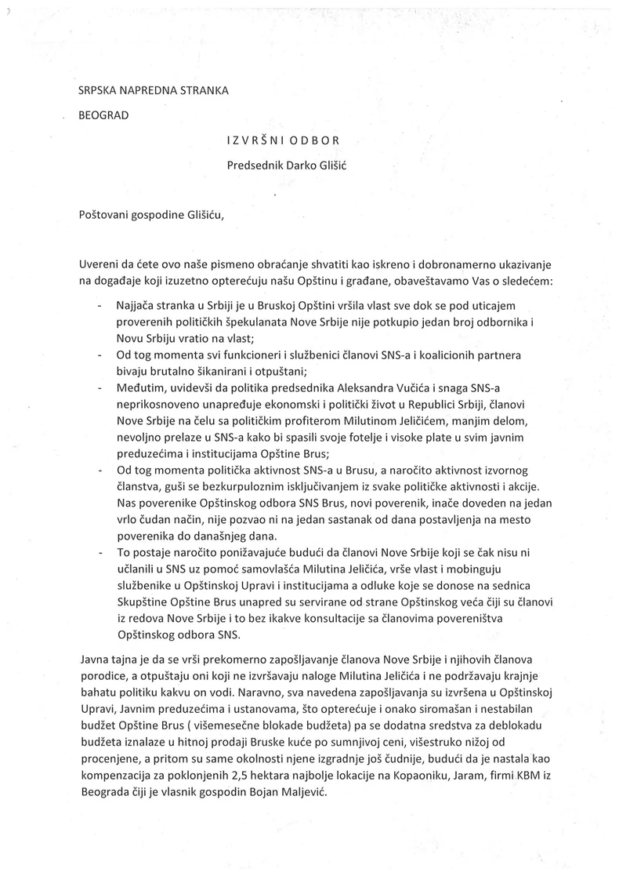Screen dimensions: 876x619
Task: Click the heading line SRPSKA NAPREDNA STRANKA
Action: (154, 90)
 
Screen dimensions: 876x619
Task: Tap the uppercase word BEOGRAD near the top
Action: (103, 116)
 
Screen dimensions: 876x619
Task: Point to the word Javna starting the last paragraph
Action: (95, 656)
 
